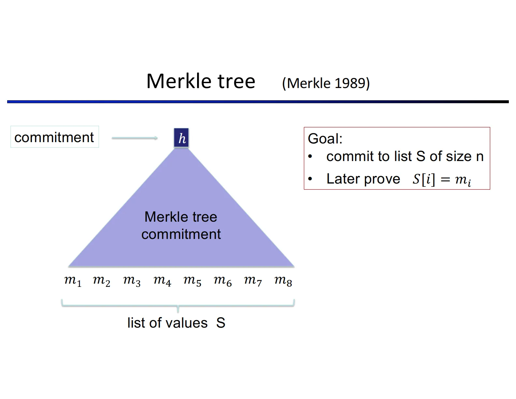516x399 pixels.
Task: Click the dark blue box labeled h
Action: (x=181, y=138)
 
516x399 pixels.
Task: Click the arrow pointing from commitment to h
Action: (x=135, y=138)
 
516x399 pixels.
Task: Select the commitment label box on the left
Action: (x=54, y=137)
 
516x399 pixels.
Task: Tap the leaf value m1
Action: (x=73, y=280)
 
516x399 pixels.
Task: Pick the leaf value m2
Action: (x=101, y=280)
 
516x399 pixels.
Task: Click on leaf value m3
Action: (x=132, y=280)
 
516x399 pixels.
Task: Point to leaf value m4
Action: (x=162, y=280)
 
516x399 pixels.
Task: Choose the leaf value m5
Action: (x=192, y=280)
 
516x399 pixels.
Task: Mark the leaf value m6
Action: (x=222, y=280)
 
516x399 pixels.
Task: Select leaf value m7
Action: (x=253, y=280)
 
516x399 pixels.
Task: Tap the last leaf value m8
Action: (x=283, y=280)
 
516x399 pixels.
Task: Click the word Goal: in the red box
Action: (x=325, y=139)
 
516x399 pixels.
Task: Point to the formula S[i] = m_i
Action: (x=442, y=179)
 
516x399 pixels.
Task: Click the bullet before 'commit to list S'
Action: (x=310, y=157)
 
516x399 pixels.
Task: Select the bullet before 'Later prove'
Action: (x=310, y=179)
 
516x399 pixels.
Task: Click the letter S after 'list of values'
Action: (x=221, y=323)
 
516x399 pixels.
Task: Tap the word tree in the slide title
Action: (x=236, y=81)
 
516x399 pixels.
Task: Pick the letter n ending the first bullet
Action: (x=480, y=157)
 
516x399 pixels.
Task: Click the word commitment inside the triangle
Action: (x=181, y=234)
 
